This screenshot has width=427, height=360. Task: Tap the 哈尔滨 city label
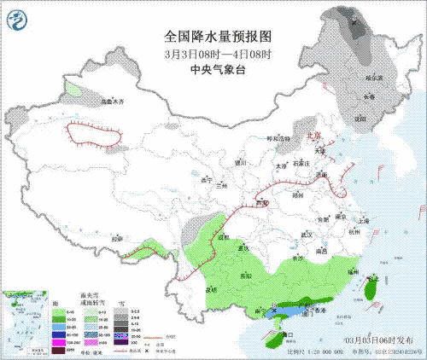pyautogui.click(x=375, y=78)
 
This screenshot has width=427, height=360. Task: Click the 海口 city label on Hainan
pyautogui.click(x=287, y=335)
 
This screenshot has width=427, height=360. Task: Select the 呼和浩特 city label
pyautogui.click(x=278, y=138)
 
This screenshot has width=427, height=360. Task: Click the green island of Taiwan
pyautogui.click(x=370, y=290)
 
